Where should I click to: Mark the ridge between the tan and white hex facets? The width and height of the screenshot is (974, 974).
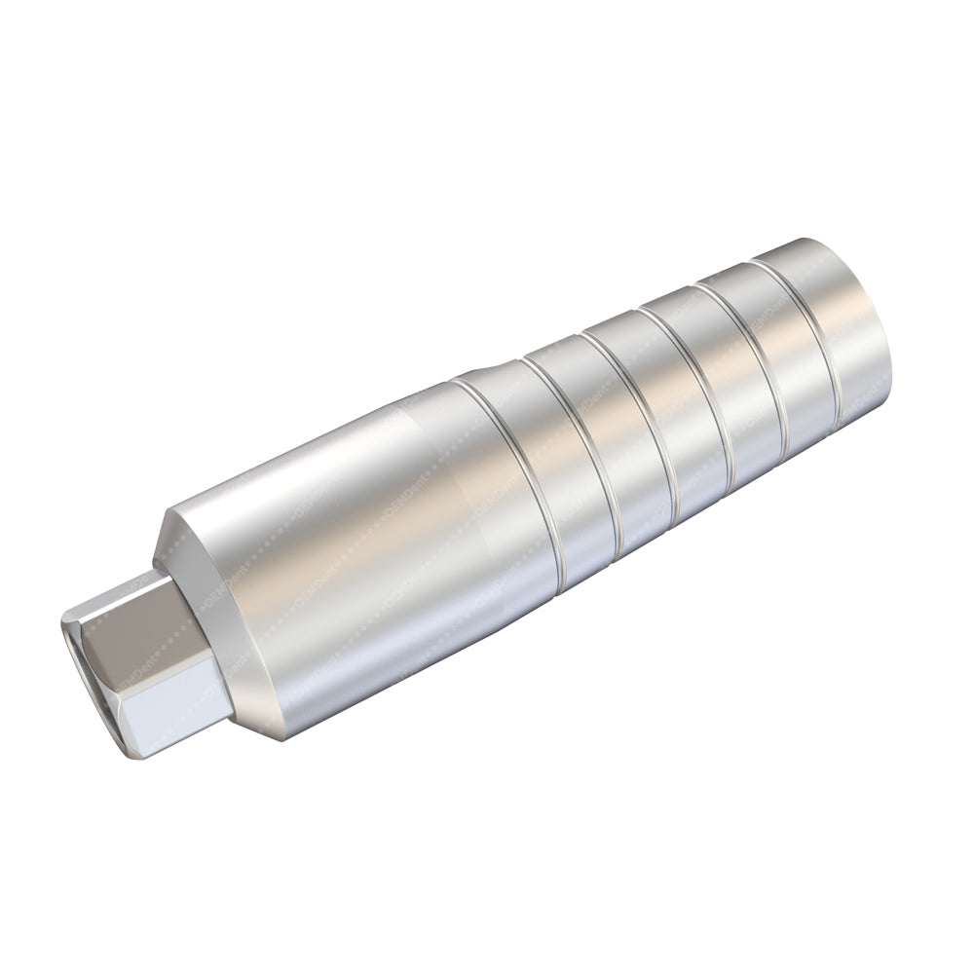click(156, 672)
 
